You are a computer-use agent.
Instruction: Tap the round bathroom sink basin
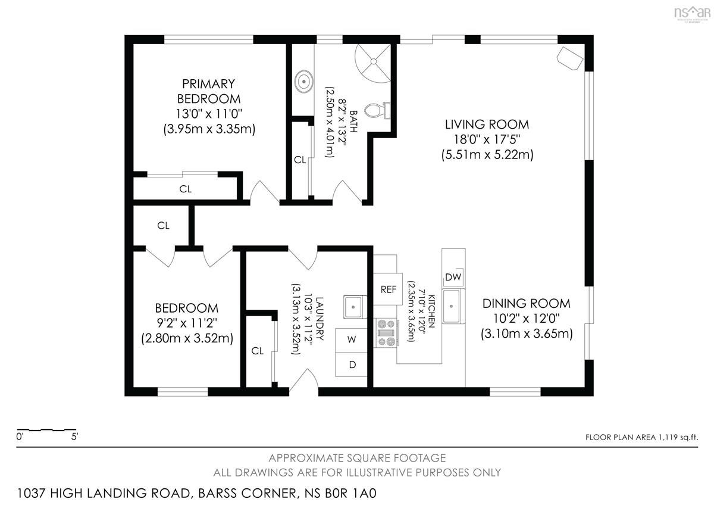[x=304, y=82]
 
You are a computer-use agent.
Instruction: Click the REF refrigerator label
[x=388, y=289]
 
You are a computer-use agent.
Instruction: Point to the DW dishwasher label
[x=453, y=277]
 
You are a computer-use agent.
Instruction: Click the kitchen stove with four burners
[x=386, y=333]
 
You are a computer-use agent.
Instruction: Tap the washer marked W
[x=351, y=340]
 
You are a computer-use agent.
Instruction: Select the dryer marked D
[x=351, y=364]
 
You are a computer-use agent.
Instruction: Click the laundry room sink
[x=355, y=307]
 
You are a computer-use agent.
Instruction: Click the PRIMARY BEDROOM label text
[x=209, y=91]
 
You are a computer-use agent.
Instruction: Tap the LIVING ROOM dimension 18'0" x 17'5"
[x=487, y=139]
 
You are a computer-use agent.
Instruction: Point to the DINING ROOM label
[x=526, y=303]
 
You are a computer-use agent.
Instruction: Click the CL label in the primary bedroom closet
[x=186, y=189]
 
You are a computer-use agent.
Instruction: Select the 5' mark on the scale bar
[x=74, y=437]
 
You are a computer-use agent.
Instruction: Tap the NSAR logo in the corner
[x=693, y=14]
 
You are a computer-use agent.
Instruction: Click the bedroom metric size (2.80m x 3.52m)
[x=187, y=338]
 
